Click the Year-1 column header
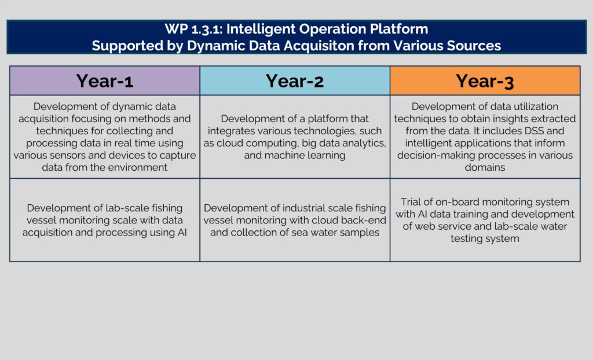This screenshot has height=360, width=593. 105,80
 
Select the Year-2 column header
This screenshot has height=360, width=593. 295,80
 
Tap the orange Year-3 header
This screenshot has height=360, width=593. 485,80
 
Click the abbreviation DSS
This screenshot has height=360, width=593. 533,131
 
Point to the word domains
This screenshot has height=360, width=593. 485,167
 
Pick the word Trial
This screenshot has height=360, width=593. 409,201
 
